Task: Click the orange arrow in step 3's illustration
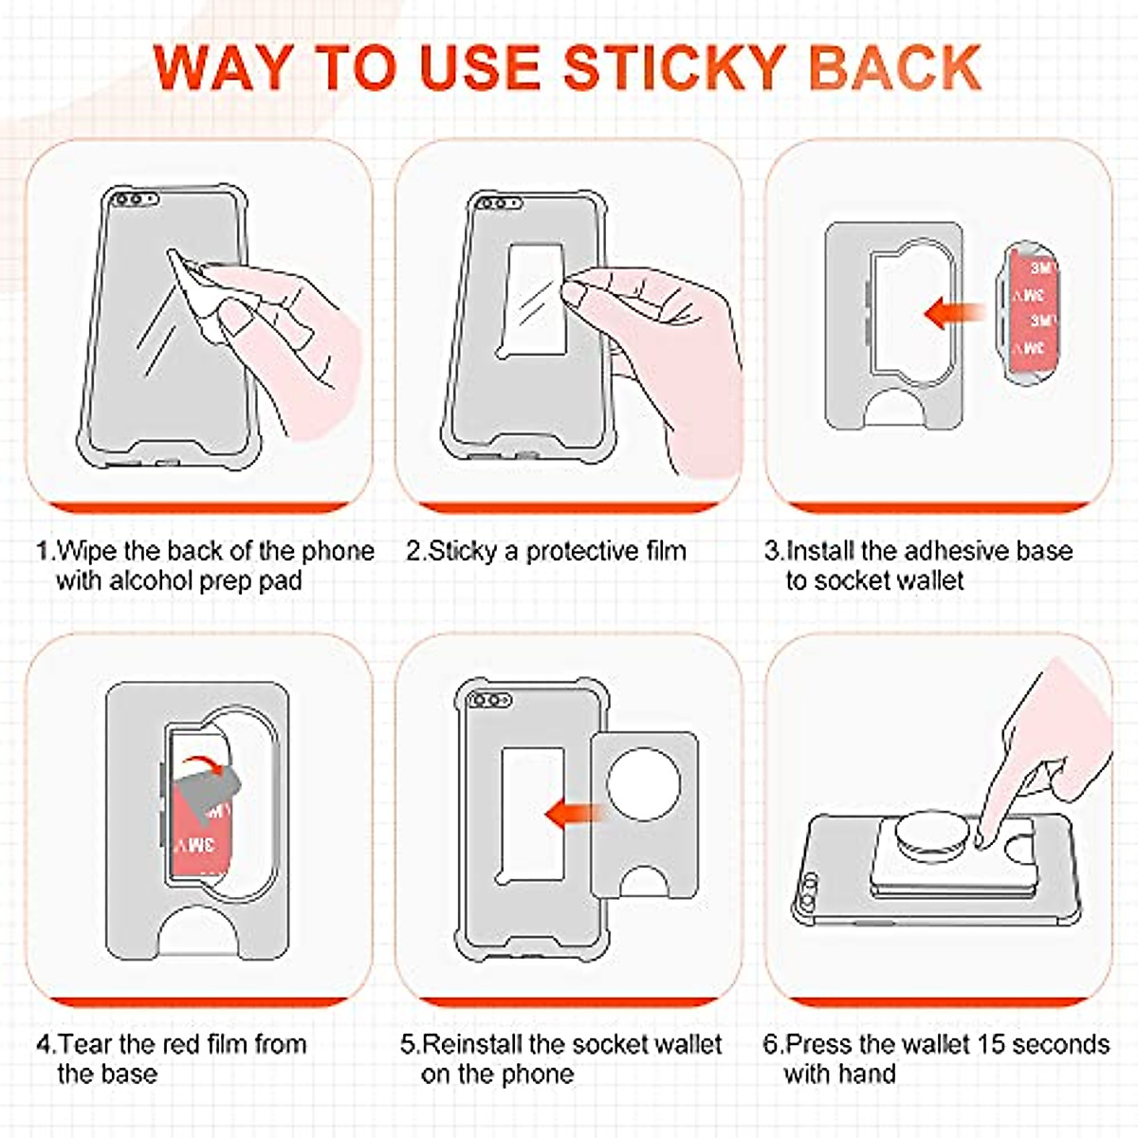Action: [954, 312]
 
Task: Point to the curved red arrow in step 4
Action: [201, 764]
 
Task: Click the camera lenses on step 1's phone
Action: [136, 199]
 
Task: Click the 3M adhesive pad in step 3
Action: [1033, 313]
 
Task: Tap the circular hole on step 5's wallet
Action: [643, 784]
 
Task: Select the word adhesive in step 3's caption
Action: [956, 551]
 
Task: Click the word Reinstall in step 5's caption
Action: [472, 1044]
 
